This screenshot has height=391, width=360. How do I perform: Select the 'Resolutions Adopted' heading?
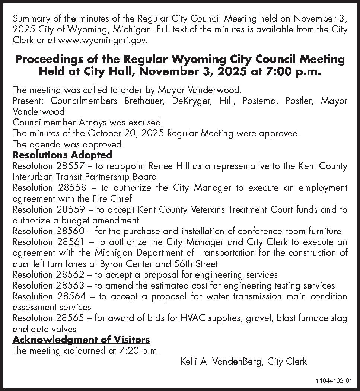tap(63, 155)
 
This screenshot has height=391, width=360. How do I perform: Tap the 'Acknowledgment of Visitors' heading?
tap(81, 340)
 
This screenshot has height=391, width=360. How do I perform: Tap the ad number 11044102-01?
tap(333, 381)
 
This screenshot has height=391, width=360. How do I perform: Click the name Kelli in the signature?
tap(189, 361)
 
